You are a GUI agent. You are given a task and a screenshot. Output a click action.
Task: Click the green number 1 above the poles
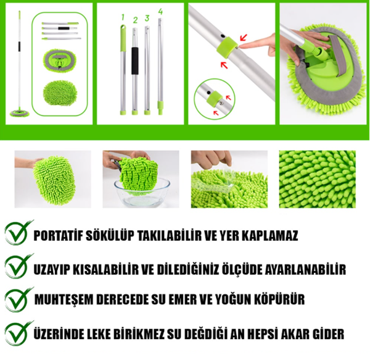coord(123,17)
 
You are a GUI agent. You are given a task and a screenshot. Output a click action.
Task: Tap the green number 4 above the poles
coord(160,11)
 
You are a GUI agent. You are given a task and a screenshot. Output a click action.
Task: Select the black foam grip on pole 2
coord(134,61)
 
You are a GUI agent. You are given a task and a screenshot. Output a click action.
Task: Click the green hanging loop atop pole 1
coord(123,28)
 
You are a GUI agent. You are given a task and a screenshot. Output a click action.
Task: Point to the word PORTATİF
coord(58,235)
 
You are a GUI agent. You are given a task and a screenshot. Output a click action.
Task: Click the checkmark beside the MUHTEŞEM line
coord(17,299)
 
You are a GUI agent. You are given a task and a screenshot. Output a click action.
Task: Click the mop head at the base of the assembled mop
coord(20,113)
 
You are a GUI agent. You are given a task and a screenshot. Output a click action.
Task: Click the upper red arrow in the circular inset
coord(228,97)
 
